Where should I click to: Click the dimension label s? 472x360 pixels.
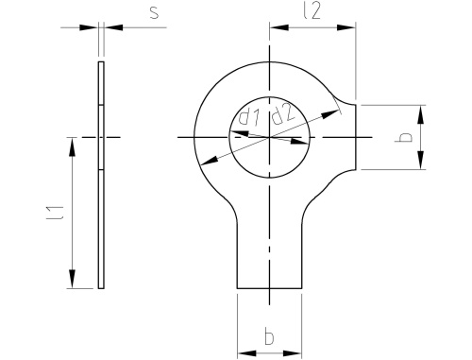[x=154, y=12]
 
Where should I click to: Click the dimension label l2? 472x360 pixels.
[x=312, y=11]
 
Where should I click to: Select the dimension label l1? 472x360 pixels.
[x=56, y=213]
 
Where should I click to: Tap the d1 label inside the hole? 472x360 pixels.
[x=249, y=116]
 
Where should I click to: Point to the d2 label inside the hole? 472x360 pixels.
[x=283, y=113]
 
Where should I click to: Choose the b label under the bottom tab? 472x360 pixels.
[x=269, y=336]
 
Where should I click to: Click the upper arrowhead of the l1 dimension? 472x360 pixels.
[x=73, y=146]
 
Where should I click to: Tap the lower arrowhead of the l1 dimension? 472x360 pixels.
[x=73, y=279]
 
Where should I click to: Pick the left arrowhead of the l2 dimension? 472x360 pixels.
[x=279, y=27]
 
